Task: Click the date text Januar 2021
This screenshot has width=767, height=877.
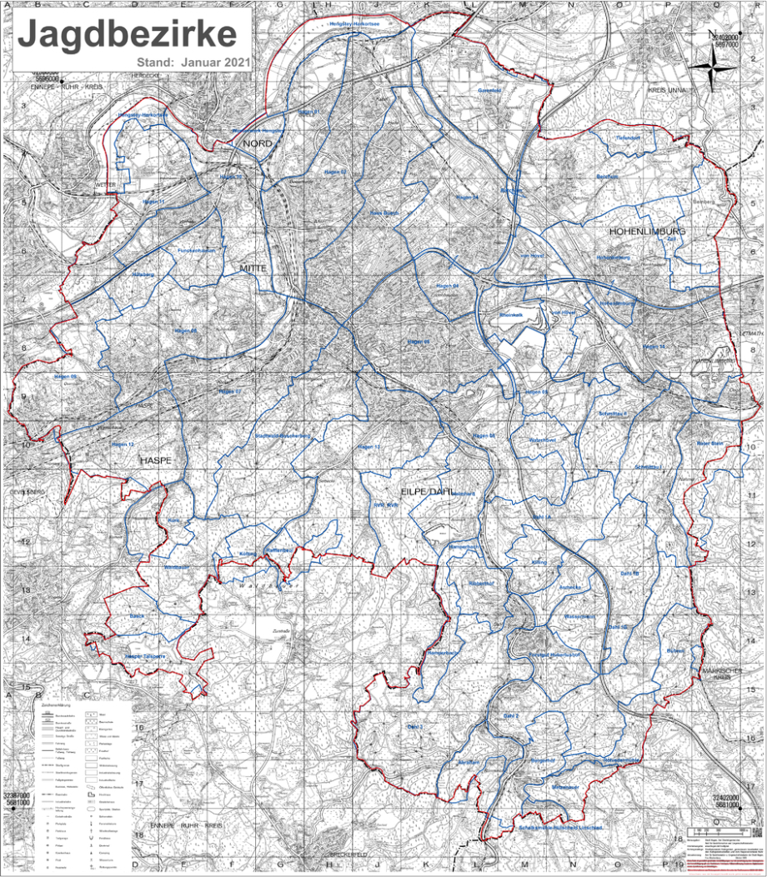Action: (x=213, y=63)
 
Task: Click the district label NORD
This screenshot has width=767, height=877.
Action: (x=258, y=144)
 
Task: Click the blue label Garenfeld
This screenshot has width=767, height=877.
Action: (x=489, y=90)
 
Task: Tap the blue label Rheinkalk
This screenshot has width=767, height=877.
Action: (x=510, y=314)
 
